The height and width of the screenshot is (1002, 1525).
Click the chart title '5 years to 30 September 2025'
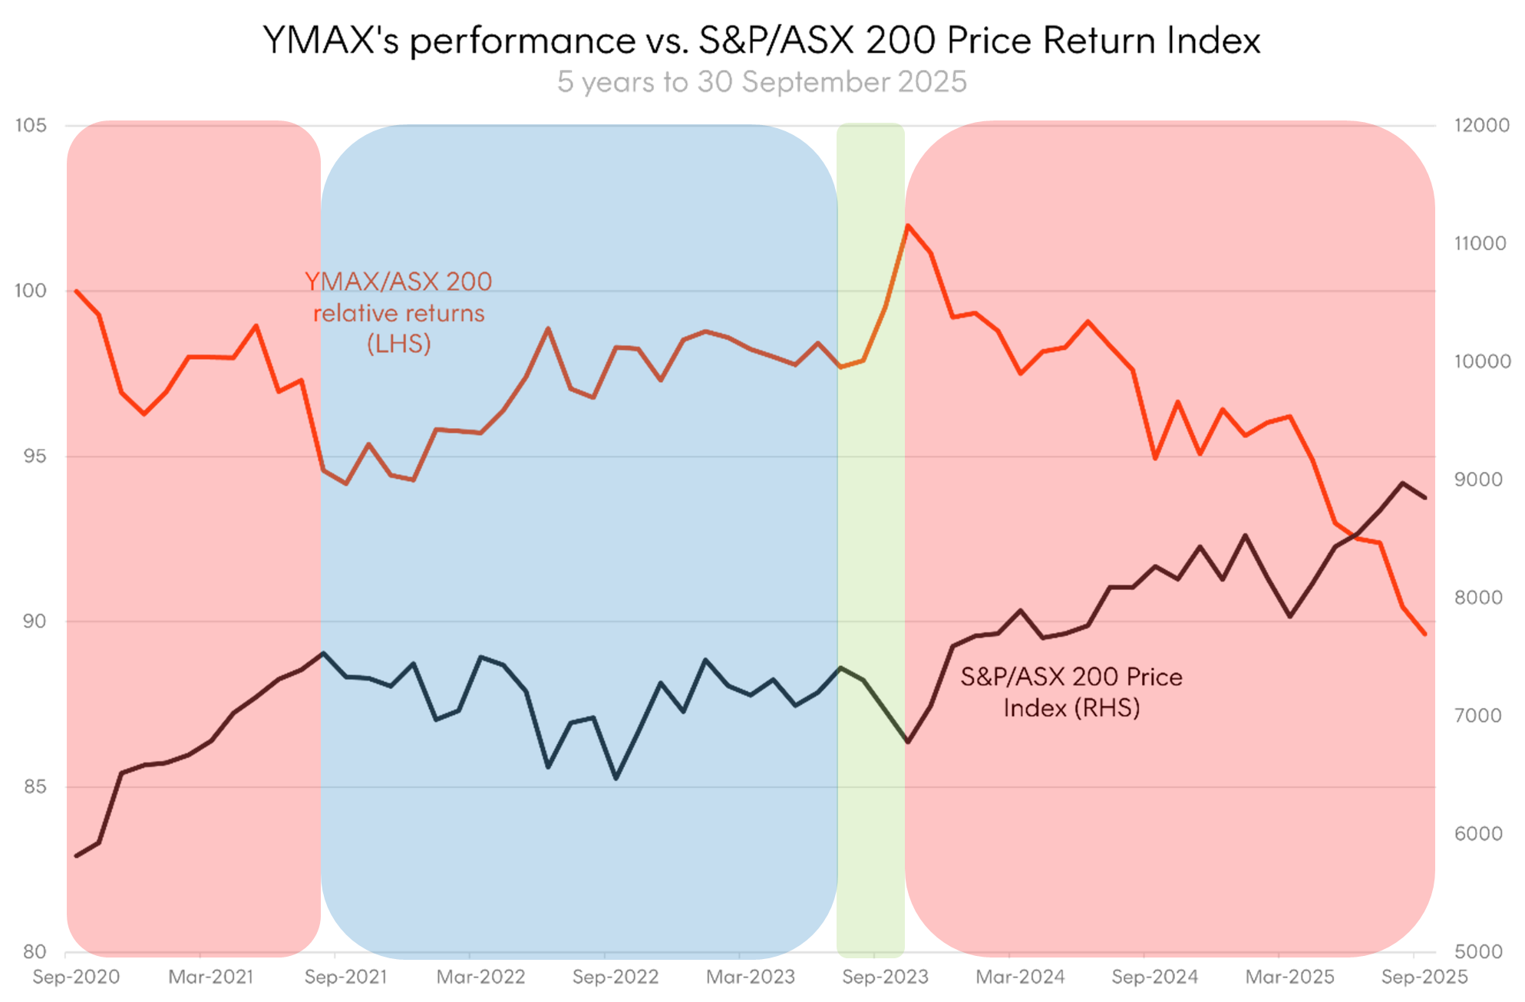tap(761, 82)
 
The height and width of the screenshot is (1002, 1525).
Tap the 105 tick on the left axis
tap(31, 125)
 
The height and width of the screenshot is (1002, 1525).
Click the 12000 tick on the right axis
tap(1481, 125)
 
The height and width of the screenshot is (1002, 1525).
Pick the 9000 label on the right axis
tap(1478, 480)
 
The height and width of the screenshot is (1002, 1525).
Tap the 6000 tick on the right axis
tap(1478, 834)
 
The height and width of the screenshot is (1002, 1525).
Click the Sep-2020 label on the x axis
tap(76, 977)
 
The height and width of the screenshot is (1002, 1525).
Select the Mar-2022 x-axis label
tap(480, 977)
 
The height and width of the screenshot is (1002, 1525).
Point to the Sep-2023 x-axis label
tap(885, 977)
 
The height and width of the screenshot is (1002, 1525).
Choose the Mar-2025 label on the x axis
tap(1289, 977)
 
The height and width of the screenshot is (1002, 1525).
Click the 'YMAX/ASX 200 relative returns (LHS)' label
tap(399, 313)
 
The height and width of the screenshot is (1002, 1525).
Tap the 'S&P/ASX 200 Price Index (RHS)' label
tap(1071, 692)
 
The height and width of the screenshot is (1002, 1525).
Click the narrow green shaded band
tap(870, 537)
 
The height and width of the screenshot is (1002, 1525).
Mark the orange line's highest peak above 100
tap(908, 226)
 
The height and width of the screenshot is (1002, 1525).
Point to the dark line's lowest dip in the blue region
tap(616, 779)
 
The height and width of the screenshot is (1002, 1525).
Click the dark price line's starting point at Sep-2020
tap(76, 855)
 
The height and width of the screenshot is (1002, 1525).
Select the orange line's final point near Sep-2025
tap(1425, 634)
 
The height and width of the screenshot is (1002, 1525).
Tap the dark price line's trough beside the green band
tap(908, 742)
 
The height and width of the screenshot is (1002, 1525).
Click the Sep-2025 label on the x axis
tap(1424, 977)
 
